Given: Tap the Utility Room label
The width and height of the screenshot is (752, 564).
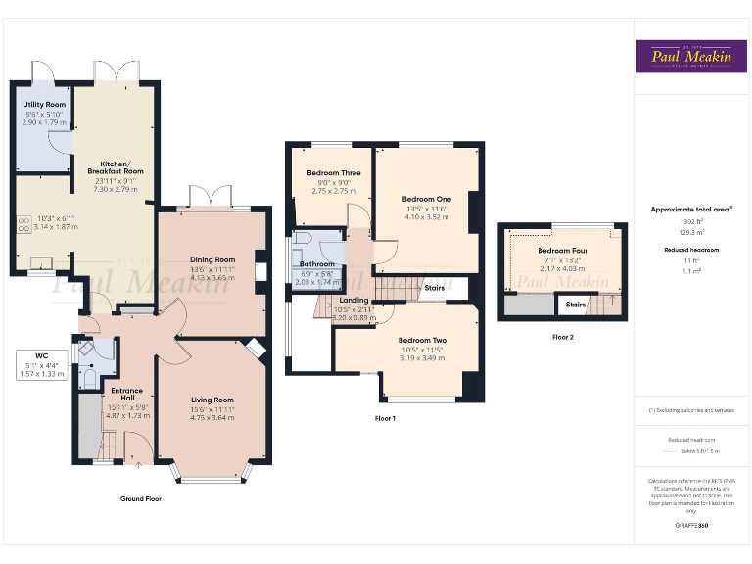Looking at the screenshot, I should pos(44,105).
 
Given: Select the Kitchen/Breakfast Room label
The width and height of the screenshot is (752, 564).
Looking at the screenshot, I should pos(121,165).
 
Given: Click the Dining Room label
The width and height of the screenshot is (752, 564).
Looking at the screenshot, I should pos(211,259).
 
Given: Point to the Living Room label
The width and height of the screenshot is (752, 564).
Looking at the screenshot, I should pos(211,399).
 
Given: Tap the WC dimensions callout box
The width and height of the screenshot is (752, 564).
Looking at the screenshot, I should pos(40,368).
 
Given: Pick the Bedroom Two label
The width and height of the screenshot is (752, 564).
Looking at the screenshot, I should pos(423,340).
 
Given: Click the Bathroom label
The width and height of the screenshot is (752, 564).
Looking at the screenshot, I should pos(317,263).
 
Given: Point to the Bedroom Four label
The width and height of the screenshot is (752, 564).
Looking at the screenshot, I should pos(563,251).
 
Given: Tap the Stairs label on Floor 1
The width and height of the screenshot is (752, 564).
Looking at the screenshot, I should pos(435,288).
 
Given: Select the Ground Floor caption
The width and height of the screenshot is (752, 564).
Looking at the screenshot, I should pos(141,498).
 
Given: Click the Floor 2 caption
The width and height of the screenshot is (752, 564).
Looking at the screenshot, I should pos(563,336).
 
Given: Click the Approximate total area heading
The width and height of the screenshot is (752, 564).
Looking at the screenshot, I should pos(690,210).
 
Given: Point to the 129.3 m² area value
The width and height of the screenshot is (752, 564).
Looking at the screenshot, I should pos(690,233).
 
